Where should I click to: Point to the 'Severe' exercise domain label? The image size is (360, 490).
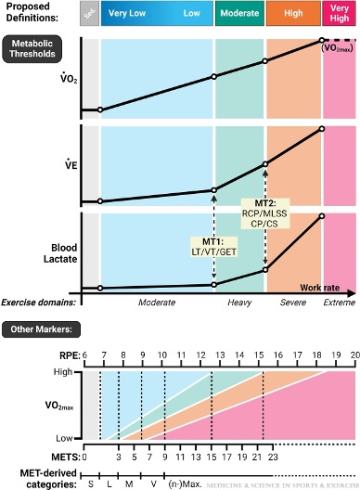click(x=293, y=303)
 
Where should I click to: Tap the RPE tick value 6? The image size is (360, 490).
click(x=84, y=355)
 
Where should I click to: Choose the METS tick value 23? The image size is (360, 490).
click(x=273, y=456)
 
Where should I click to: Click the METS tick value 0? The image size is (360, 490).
click(x=84, y=456)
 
